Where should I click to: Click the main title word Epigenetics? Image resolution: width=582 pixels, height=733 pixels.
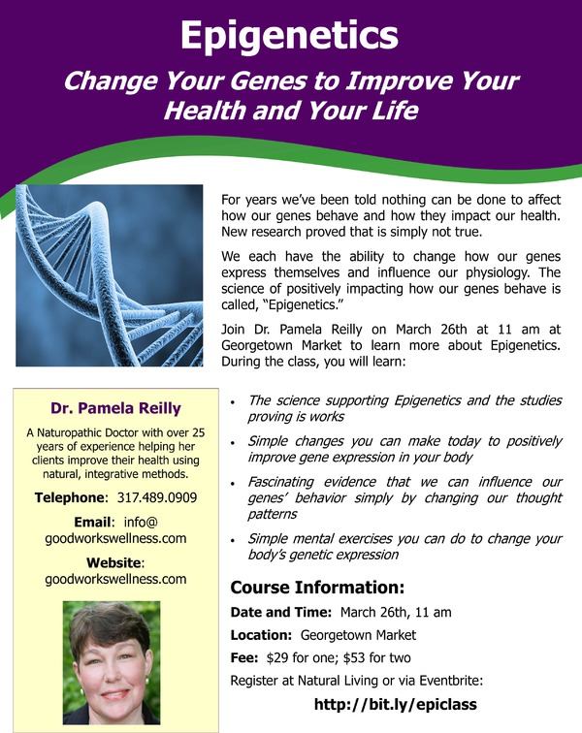(x=289, y=36)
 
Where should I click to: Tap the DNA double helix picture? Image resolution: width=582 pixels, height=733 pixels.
(x=110, y=275)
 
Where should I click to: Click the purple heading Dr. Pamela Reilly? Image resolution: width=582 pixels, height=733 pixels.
(x=115, y=408)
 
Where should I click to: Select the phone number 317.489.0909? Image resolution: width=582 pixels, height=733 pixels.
(x=157, y=497)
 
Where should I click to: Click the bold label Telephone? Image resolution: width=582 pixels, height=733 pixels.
(x=71, y=497)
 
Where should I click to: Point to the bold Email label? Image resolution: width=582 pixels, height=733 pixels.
(x=93, y=522)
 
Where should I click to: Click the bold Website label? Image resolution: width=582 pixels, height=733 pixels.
(x=113, y=562)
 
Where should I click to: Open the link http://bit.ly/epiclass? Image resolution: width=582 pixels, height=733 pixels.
(x=396, y=704)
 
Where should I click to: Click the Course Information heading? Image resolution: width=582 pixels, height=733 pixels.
(x=317, y=588)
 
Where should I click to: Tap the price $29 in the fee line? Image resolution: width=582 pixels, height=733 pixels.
(x=277, y=658)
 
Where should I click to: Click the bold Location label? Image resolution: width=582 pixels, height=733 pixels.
(x=261, y=635)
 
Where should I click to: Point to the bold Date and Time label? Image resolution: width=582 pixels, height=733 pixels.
(x=280, y=613)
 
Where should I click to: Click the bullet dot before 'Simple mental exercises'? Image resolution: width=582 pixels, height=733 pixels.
(x=233, y=541)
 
